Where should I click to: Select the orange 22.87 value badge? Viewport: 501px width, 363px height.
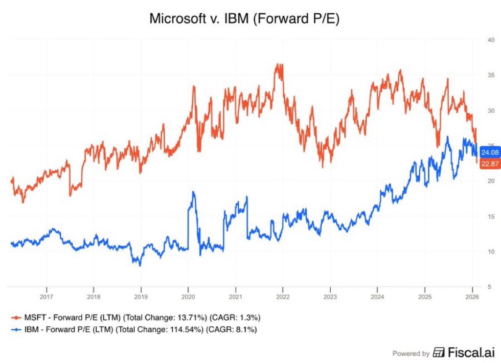(489, 164)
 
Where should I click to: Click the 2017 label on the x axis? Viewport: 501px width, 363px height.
(46, 297)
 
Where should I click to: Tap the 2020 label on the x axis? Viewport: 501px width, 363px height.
(188, 297)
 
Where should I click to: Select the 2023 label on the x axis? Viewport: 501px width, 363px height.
(330, 297)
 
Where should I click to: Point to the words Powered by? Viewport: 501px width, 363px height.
(411, 353)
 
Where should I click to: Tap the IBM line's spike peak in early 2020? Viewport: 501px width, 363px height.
(193, 192)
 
